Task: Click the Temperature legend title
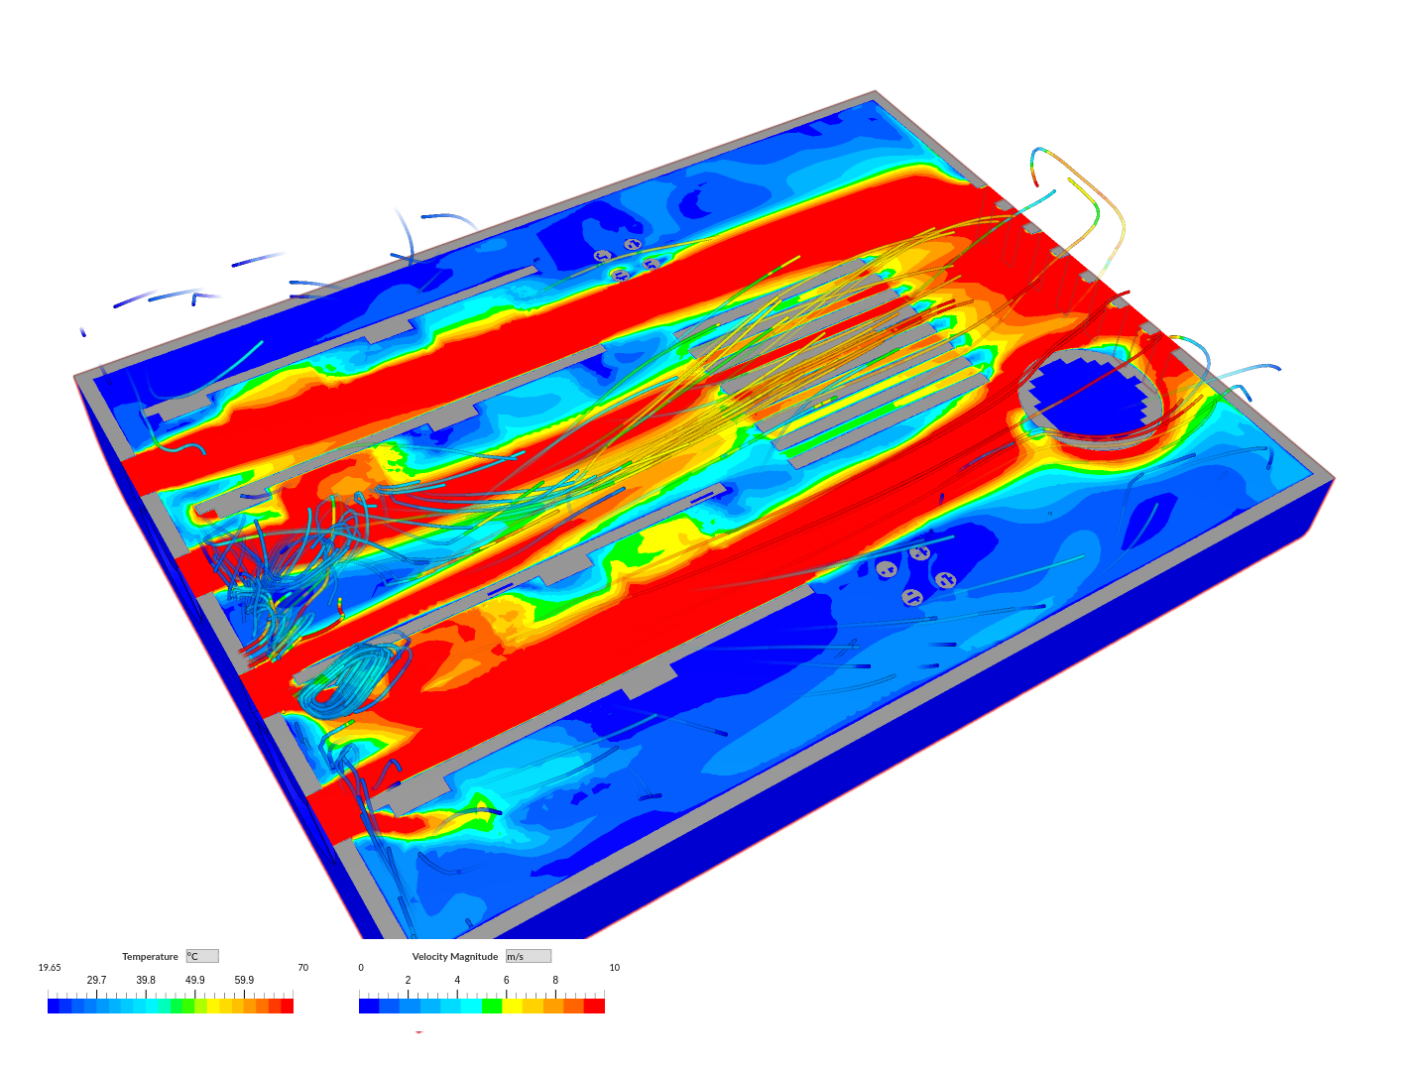tap(150, 957)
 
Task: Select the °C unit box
tap(202, 956)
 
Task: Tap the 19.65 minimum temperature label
tap(50, 968)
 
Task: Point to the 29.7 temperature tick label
tap(96, 980)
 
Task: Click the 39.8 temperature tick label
tap(146, 980)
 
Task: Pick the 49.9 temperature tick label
tap(194, 980)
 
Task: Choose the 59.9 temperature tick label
tap(244, 980)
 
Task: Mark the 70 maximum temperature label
tap(303, 968)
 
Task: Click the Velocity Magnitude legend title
tap(455, 957)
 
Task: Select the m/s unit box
tap(529, 956)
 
